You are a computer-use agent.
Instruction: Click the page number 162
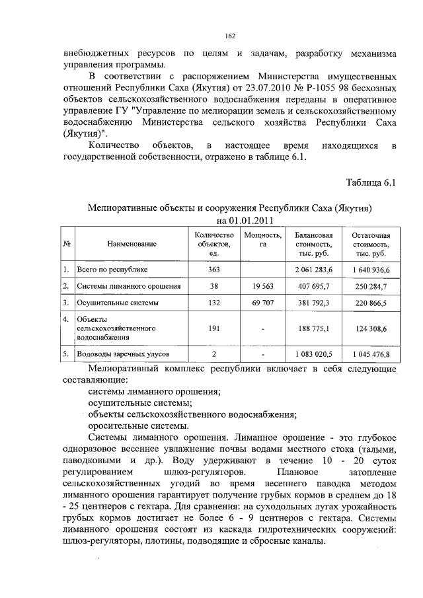click(231, 36)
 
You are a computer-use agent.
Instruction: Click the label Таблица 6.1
click(371, 182)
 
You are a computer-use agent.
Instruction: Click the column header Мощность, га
click(263, 240)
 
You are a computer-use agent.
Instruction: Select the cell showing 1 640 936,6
click(371, 270)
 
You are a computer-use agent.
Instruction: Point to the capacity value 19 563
click(263, 286)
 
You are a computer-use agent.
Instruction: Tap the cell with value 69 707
click(263, 303)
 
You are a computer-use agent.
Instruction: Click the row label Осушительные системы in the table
click(118, 303)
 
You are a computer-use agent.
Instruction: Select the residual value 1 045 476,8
click(371, 355)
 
